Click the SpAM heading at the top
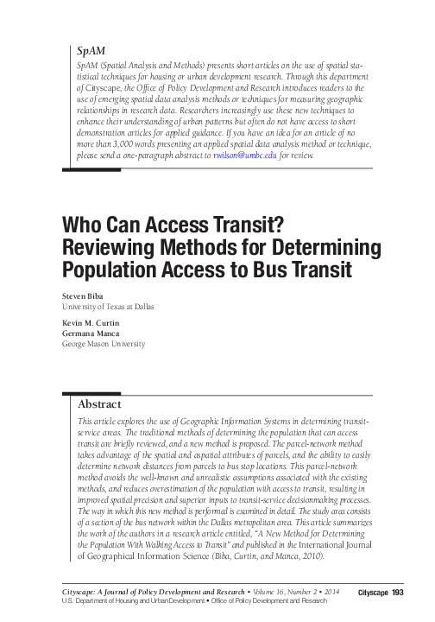pyautogui.click(x=91, y=51)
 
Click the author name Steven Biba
pyautogui.click(x=85, y=296)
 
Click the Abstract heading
pyautogui.click(x=99, y=404)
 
